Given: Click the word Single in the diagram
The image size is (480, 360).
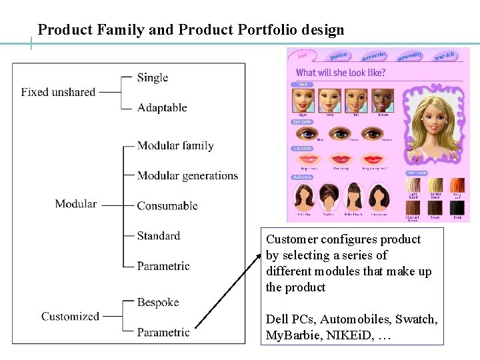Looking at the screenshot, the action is click(x=152, y=77).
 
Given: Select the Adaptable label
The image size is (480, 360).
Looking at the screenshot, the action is click(x=162, y=107).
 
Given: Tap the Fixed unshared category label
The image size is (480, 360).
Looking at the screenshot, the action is click(x=58, y=92).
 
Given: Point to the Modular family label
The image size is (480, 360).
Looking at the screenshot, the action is click(x=175, y=145).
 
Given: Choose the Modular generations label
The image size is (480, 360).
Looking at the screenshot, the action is click(x=187, y=176).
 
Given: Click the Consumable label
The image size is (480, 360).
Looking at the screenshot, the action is click(x=167, y=205).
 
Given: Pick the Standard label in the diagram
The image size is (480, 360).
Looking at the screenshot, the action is click(x=159, y=235).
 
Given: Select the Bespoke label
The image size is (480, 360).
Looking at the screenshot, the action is click(x=158, y=302).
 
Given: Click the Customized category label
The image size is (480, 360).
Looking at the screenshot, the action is click(x=70, y=316).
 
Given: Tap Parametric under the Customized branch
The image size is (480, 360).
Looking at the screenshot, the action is click(x=163, y=332).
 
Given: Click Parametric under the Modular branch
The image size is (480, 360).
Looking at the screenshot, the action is click(x=163, y=266).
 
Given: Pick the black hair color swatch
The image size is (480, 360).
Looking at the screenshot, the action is click(x=457, y=207).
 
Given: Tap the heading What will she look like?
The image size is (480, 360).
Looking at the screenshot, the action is click(x=341, y=72).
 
